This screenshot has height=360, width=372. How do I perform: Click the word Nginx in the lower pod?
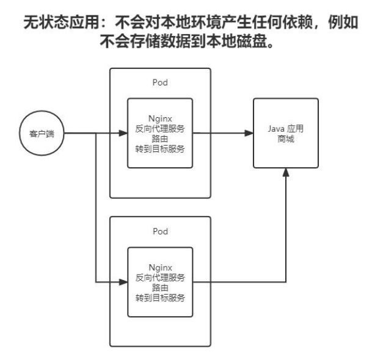[159, 268]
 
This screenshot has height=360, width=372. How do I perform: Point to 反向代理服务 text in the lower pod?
[159, 278]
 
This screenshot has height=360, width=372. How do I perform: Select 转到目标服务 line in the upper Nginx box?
[159, 148]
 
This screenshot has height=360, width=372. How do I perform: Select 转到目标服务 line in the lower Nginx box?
[159, 297]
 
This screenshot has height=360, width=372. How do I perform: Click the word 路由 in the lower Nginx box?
[159, 287]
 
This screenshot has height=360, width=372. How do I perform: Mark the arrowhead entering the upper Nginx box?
[122, 133]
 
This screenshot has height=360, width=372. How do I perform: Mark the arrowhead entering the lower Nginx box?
[122, 283]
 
